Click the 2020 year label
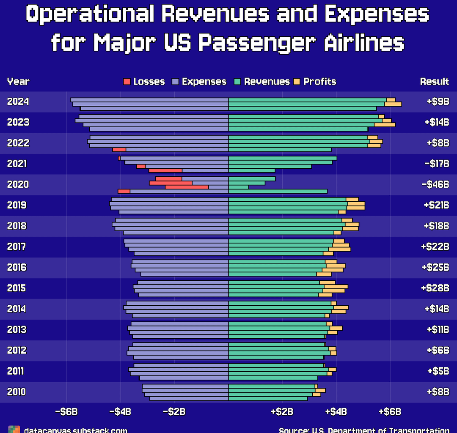tap(18, 184)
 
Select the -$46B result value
tap(435, 184)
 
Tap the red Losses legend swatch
tap(127, 82)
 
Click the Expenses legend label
tap(204, 82)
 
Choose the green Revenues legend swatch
tap(237, 82)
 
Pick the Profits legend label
tap(319, 82)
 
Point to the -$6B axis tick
tap(66, 412)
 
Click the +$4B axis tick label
tap(336, 412)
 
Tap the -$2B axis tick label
tap(174, 412)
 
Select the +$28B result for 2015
tap(435, 288)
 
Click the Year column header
tap(18, 82)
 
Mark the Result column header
tap(434, 82)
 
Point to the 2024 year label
tap(18, 101)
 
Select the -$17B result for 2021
tap(436, 164)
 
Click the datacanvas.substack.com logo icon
tap(14, 429)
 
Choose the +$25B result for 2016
tap(435, 267)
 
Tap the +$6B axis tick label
tap(390, 412)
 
